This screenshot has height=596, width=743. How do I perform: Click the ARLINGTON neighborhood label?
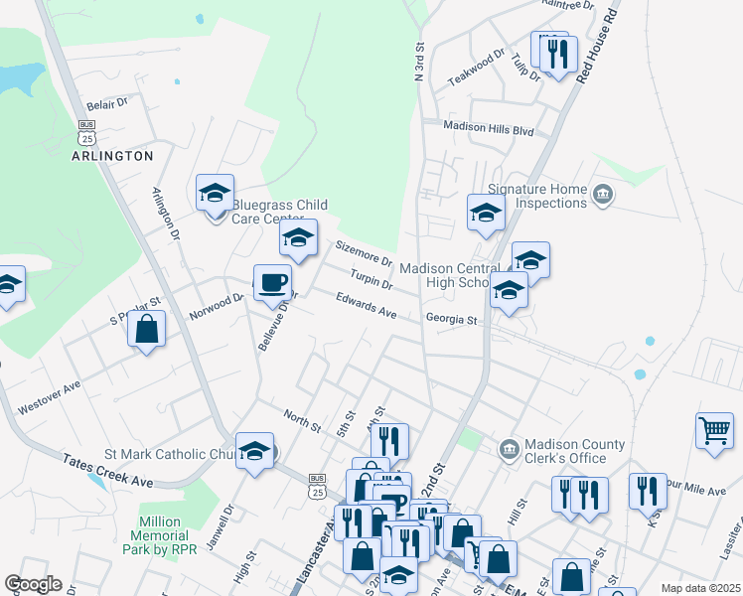(112, 156)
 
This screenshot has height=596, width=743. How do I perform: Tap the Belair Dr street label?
(108, 102)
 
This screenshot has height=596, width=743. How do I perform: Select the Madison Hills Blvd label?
(489, 129)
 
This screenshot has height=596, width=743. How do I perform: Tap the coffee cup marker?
(273, 283)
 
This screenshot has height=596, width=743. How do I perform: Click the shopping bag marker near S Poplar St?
(147, 330)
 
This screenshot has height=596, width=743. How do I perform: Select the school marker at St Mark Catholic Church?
(255, 452)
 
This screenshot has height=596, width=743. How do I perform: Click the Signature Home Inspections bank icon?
(602, 192)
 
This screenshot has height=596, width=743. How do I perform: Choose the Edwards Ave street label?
(366, 305)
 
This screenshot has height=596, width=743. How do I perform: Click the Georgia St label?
(453, 320)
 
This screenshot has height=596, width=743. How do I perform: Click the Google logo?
(33, 584)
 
